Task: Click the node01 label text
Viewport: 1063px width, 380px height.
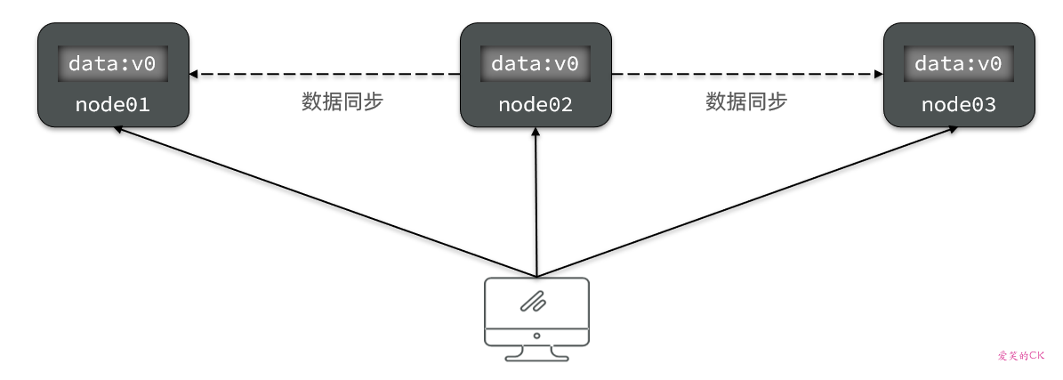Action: tap(112, 104)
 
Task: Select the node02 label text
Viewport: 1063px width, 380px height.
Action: tap(535, 104)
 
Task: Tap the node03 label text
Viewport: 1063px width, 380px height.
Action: tap(958, 104)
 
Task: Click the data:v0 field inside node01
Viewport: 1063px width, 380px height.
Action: tap(112, 64)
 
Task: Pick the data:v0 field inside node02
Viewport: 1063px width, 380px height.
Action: tap(535, 64)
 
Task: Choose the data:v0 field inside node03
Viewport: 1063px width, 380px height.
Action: tap(958, 64)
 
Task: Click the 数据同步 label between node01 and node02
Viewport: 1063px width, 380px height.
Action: tap(342, 101)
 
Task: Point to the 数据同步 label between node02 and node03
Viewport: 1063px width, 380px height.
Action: tap(746, 101)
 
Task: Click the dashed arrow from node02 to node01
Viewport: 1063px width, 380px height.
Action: tap(325, 74)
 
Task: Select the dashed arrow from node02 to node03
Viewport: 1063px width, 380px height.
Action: tap(747, 74)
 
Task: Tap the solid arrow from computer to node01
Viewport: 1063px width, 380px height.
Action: tap(325, 200)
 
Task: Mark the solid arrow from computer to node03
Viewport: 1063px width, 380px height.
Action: tap(747, 200)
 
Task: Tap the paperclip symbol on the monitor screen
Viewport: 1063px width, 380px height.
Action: tap(534, 303)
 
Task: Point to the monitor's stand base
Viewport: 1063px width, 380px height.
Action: tap(536, 357)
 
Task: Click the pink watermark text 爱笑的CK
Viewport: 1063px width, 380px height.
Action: tap(1019, 355)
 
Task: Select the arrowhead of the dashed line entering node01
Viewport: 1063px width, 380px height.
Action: tap(195, 74)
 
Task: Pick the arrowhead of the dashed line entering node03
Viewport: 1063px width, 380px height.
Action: tap(877, 74)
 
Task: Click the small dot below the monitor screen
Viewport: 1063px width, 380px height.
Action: tap(536, 336)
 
